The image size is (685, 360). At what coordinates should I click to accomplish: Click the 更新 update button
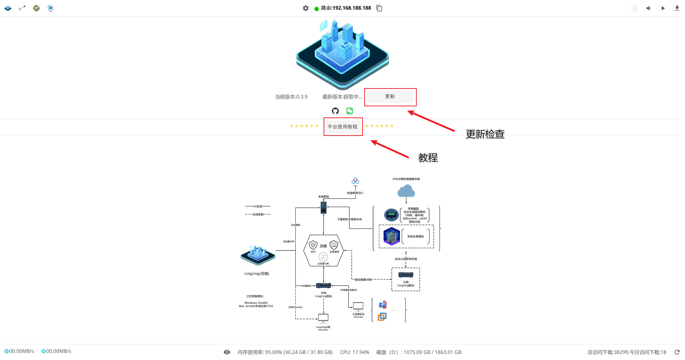click(390, 97)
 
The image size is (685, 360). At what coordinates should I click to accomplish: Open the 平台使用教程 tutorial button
click(342, 127)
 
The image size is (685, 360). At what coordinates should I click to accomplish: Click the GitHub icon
click(335, 111)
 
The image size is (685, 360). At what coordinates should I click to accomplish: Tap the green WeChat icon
click(350, 111)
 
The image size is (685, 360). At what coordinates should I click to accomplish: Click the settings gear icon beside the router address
click(306, 8)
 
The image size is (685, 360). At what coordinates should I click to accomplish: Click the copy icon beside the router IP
click(379, 8)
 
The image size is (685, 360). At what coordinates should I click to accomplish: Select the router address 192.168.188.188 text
click(351, 8)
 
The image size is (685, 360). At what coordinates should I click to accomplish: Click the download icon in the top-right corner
click(677, 8)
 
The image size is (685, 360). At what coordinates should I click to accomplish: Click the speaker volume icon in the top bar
click(648, 8)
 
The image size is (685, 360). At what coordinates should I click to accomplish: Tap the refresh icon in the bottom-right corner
click(677, 352)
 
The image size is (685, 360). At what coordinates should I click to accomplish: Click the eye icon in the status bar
click(227, 352)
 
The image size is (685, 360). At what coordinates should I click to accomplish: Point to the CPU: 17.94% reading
click(354, 352)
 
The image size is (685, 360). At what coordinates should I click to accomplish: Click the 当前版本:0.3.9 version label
click(291, 97)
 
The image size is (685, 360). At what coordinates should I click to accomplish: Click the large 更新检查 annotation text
click(485, 134)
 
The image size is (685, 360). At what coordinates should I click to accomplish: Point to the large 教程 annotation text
click(428, 158)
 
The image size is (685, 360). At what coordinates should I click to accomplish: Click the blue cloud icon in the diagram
click(406, 191)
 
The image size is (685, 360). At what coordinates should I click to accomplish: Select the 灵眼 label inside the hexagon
click(323, 246)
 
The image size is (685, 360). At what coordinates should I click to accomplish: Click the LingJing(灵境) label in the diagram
click(257, 274)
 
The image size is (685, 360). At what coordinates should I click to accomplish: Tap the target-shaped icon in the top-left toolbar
click(36, 8)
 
